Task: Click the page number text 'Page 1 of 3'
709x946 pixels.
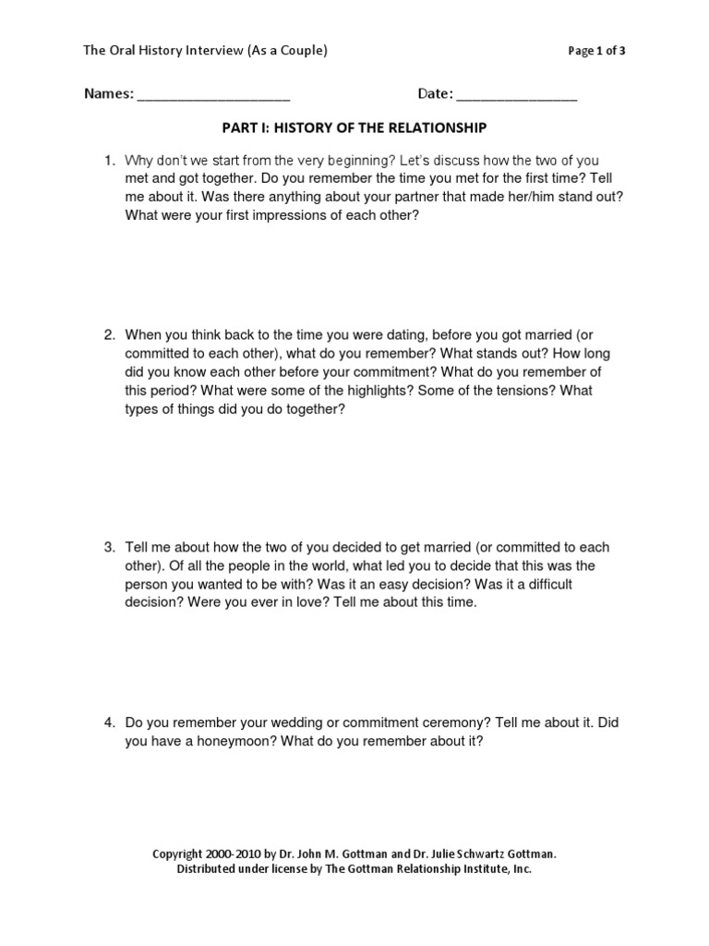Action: pyautogui.click(x=595, y=52)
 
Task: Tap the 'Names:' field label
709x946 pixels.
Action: pyautogui.click(x=109, y=94)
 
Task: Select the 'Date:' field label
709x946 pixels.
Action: pyautogui.click(x=435, y=94)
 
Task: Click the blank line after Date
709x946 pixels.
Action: pyautogui.click(x=516, y=96)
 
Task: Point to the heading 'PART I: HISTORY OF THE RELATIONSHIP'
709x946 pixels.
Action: pyautogui.click(x=354, y=127)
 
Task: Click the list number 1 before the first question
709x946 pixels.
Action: pyautogui.click(x=107, y=160)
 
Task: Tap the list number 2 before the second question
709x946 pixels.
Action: pyautogui.click(x=107, y=335)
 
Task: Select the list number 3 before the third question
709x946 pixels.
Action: pyautogui.click(x=107, y=548)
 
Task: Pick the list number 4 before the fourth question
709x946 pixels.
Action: pyautogui.click(x=107, y=723)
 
